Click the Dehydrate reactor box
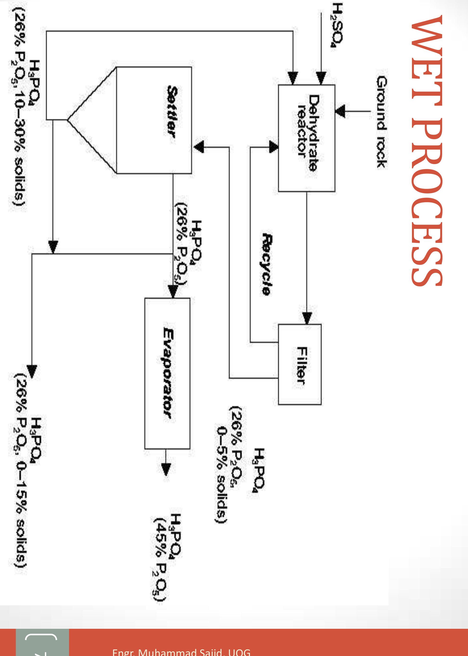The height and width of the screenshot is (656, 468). click(306, 138)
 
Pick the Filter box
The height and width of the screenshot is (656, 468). click(300, 364)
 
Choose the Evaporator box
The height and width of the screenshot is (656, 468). click(167, 373)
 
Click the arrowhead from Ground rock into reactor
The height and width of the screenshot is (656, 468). click(340, 111)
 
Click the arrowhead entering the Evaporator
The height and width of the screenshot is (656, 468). click(173, 292)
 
